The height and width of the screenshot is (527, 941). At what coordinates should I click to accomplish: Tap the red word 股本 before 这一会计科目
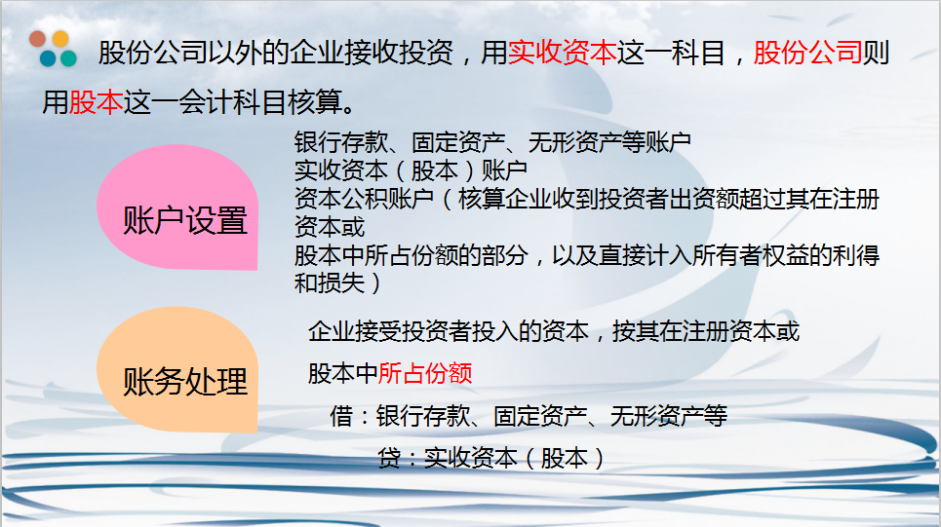click(x=96, y=101)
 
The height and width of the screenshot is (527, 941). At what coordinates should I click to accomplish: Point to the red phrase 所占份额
click(x=425, y=373)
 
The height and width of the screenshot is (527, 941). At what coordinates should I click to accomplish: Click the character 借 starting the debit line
click(x=340, y=417)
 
